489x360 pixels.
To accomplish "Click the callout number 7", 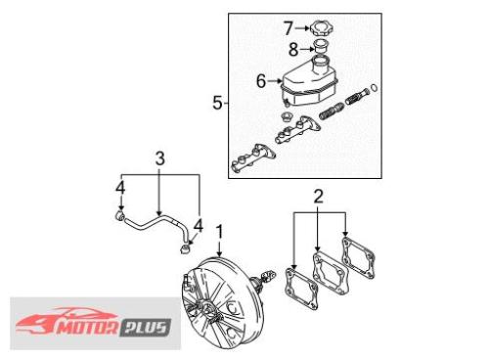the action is (x=289, y=28).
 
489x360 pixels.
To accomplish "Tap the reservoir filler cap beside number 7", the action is (x=322, y=28).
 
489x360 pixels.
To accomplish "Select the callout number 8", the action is (x=293, y=50).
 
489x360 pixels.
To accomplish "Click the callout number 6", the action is (x=261, y=81).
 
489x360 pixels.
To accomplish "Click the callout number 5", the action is (x=217, y=103).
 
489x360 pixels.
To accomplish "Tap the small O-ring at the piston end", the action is (x=375, y=88).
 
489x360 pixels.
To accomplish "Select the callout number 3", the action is (x=159, y=158).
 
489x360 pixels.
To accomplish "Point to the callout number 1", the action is (x=220, y=232).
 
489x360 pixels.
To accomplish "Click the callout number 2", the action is (x=318, y=197).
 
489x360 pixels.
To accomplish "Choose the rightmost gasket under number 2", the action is (x=358, y=258).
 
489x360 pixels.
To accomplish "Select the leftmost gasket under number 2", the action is (x=301, y=289).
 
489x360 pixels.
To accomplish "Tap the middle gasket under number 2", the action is (x=331, y=273).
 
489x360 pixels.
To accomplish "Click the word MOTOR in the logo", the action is (x=87, y=328).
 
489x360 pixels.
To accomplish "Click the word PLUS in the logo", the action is (x=146, y=328).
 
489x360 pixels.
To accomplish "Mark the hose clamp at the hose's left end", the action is (x=119, y=215).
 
